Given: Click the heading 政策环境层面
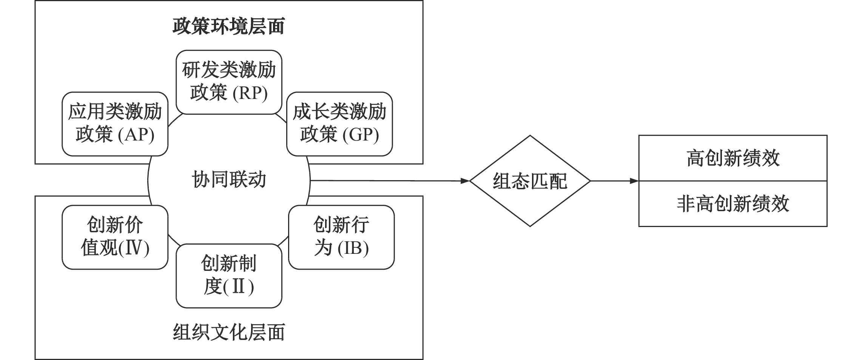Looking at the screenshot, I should click(228, 26).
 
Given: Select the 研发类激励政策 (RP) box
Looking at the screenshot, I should click(229, 82).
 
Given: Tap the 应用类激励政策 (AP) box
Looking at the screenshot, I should click(115, 124).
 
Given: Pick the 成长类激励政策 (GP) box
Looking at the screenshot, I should click(339, 124).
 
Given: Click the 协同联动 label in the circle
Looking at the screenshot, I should click(229, 180).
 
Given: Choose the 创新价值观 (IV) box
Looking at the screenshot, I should click(115, 237).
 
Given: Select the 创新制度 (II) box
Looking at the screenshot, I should click(229, 275).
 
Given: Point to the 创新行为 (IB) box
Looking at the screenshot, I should click(341, 237).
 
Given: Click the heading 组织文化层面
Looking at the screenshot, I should click(228, 332).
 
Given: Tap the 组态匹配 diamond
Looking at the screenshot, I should click(530, 181).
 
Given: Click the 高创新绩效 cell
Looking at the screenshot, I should click(732, 158).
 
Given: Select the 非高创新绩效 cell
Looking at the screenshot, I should click(732, 204).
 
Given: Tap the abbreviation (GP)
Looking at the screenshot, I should click(361, 135).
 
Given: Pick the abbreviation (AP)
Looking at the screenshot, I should click(136, 135).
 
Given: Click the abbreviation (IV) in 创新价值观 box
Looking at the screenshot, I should click(133, 248).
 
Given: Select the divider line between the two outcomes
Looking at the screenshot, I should click(732, 181).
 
